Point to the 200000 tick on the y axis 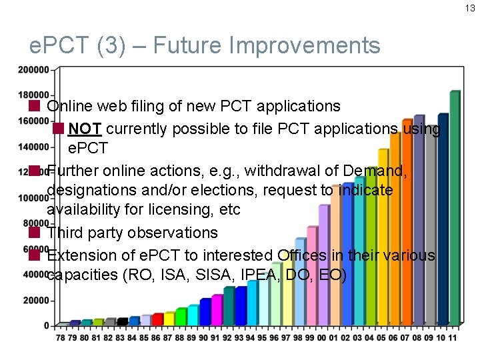tap(33, 69)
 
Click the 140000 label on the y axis tap(33, 146)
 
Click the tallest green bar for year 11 tap(455, 207)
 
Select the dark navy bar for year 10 tap(443, 220)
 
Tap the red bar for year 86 tap(157, 319)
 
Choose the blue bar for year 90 tap(205, 311)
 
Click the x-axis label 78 tap(61, 338)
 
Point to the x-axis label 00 tap(323, 338)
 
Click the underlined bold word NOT tap(85, 128)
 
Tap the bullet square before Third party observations tap(35, 233)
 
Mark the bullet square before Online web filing tap(35, 106)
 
